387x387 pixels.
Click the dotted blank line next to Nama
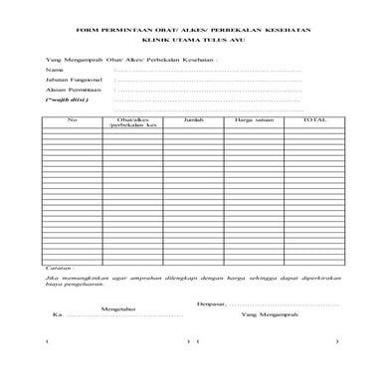tap(208, 72)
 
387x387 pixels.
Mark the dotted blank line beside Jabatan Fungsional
tap(208, 81)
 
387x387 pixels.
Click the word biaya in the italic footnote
tap(54, 287)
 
